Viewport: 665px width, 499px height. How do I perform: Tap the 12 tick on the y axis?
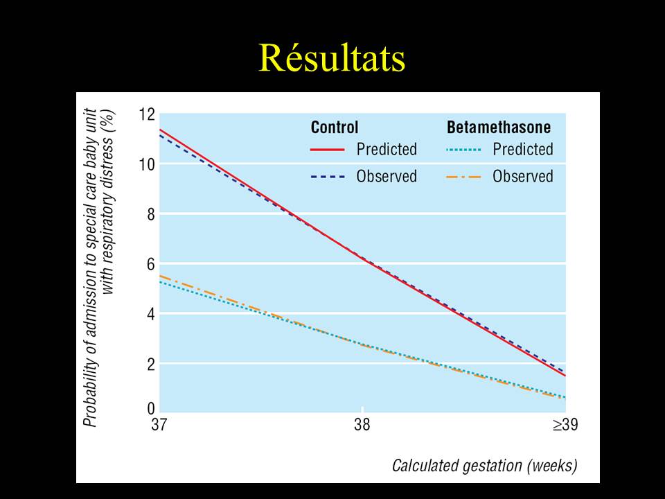[x=146, y=114]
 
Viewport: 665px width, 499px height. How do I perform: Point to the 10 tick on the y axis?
[x=146, y=164]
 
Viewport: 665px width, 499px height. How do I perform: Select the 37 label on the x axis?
[x=159, y=426]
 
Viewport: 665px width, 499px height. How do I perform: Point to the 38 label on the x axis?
[x=362, y=426]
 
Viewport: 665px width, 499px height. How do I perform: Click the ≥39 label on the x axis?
[x=565, y=426]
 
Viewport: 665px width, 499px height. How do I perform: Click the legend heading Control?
[x=335, y=128]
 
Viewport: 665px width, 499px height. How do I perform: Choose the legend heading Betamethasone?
[x=499, y=128]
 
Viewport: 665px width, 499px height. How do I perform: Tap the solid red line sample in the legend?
[x=328, y=149]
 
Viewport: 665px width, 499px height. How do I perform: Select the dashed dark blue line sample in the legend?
[x=328, y=177]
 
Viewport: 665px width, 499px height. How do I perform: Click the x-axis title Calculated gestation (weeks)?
[x=484, y=465]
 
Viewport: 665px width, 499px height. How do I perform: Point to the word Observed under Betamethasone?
[x=523, y=177]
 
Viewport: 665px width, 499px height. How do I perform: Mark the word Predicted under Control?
[x=387, y=149]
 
